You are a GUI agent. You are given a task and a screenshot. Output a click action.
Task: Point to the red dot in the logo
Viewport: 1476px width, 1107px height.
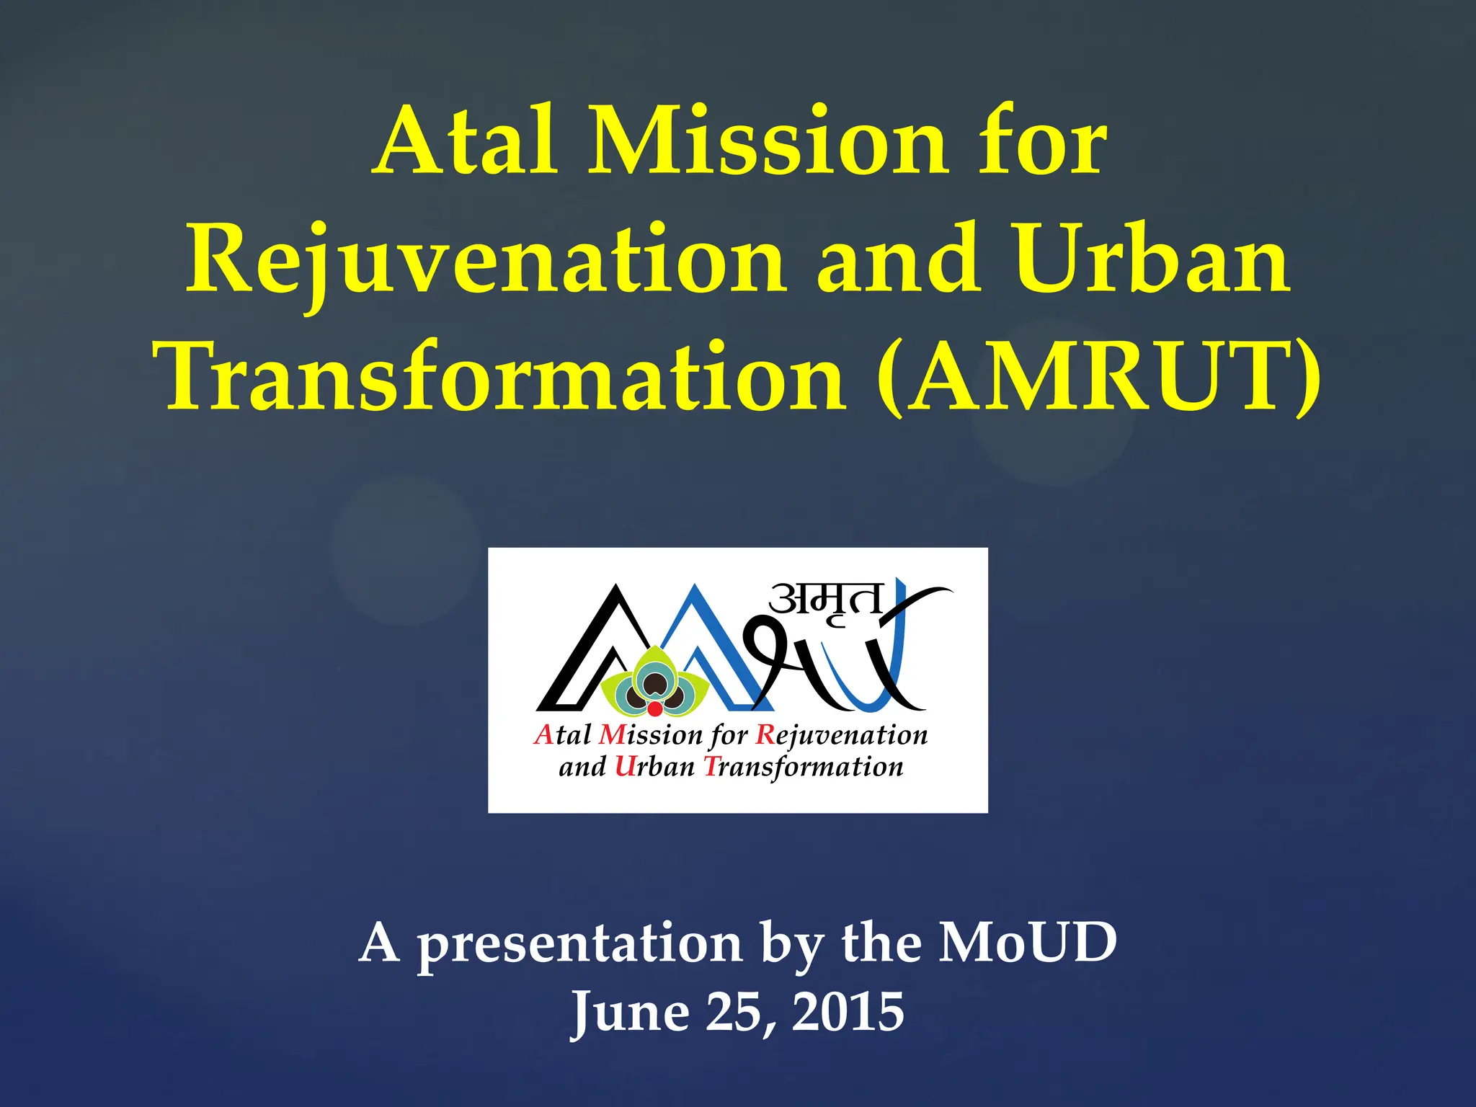tap(654, 709)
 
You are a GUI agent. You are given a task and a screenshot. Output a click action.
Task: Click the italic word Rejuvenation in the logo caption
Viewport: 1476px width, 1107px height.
tap(841, 735)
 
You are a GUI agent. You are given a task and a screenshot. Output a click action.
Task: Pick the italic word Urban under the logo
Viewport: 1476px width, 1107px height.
tap(654, 767)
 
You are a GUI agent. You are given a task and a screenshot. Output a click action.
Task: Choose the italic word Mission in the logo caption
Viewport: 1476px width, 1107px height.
tap(650, 735)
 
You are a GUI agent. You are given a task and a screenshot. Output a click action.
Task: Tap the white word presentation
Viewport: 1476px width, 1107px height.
tap(579, 944)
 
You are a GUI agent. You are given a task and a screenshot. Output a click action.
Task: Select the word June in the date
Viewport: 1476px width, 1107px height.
tap(630, 1013)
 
